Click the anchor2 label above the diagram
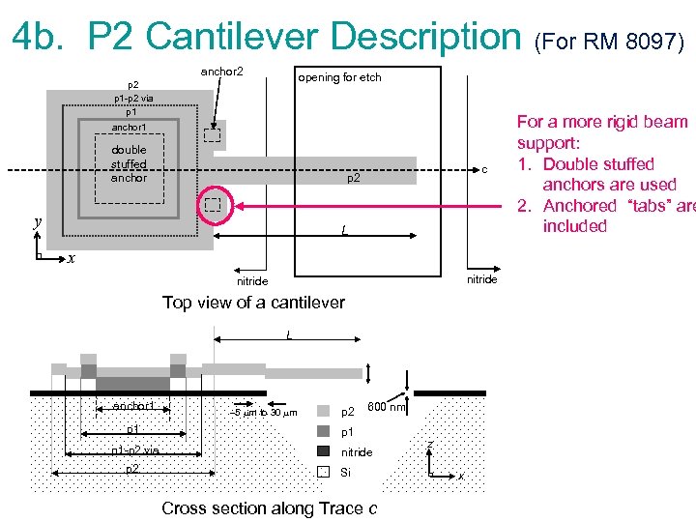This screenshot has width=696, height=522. pyautogui.click(x=221, y=72)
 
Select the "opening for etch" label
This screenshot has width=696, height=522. pyautogui.click(x=339, y=77)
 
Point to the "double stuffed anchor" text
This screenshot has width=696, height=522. pyautogui.click(x=129, y=163)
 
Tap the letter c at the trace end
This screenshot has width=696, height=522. pyautogui.click(x=484, y=171)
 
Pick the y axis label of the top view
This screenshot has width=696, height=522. pyautogui.click(x=37, y=221)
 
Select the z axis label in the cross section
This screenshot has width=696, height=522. pyautogui.click(x=430, y=444)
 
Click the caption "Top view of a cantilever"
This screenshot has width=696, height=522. pyautogui.click(x=253, y=303)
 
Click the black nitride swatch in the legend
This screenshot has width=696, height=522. pyautogui.click(x=324, y=451)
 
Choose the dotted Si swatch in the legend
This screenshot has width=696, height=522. pyautogui.click(x=324, y=472)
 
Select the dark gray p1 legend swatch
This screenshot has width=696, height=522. pyautogui.click(x=324, y=431)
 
